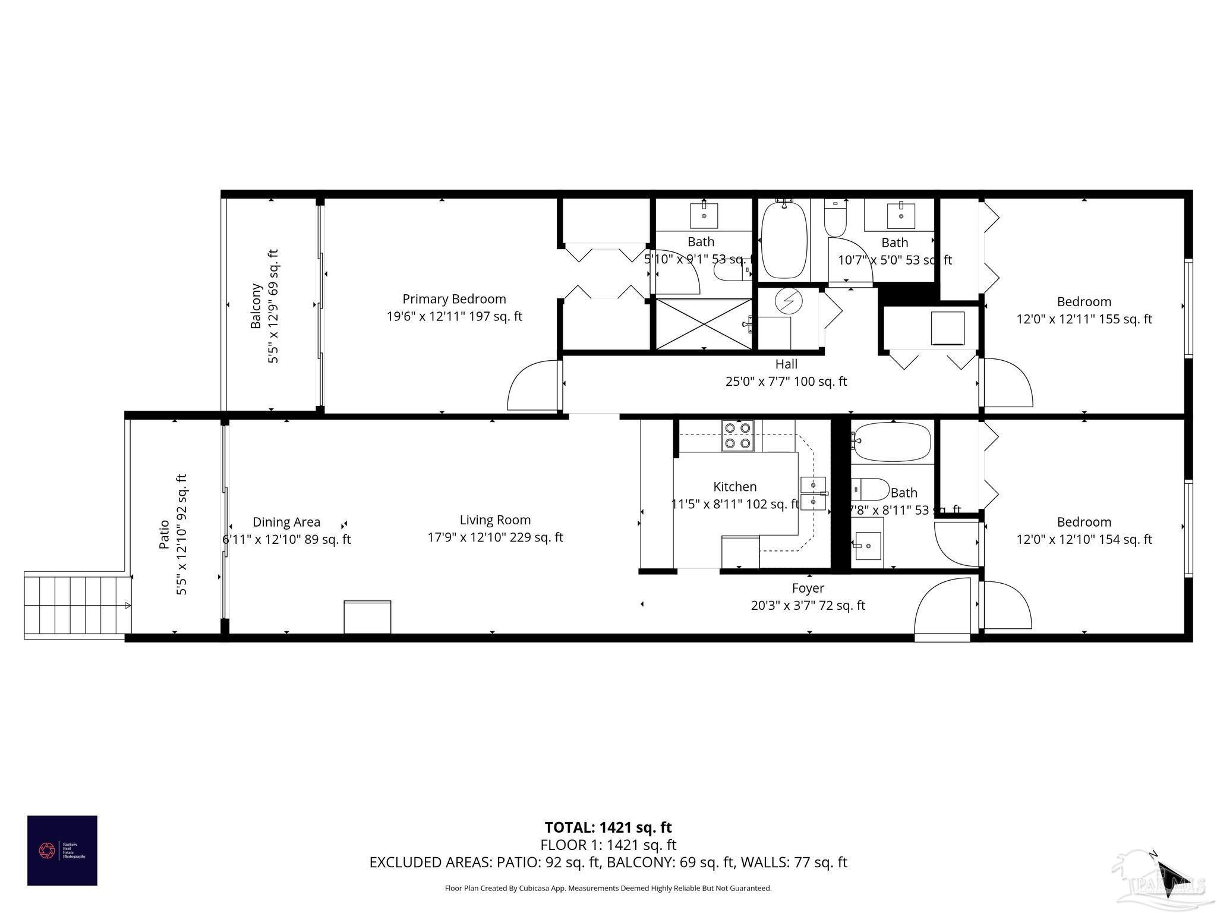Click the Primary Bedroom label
tap(454, 299)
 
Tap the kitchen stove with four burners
tap(737, 436)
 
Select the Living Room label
tap(495, 520)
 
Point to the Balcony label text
tap(256, 306)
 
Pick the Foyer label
tap(808, 588)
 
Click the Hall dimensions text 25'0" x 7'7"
tap(786, 382)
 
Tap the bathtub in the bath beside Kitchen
tap(891, 442)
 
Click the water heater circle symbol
tap(789, 301)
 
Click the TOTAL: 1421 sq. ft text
tap(608, 827)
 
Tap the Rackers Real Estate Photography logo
tap(62, 850)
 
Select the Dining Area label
tap(286, 522)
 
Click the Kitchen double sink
tap(812, 493)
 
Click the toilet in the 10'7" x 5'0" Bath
tap(835, 219)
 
